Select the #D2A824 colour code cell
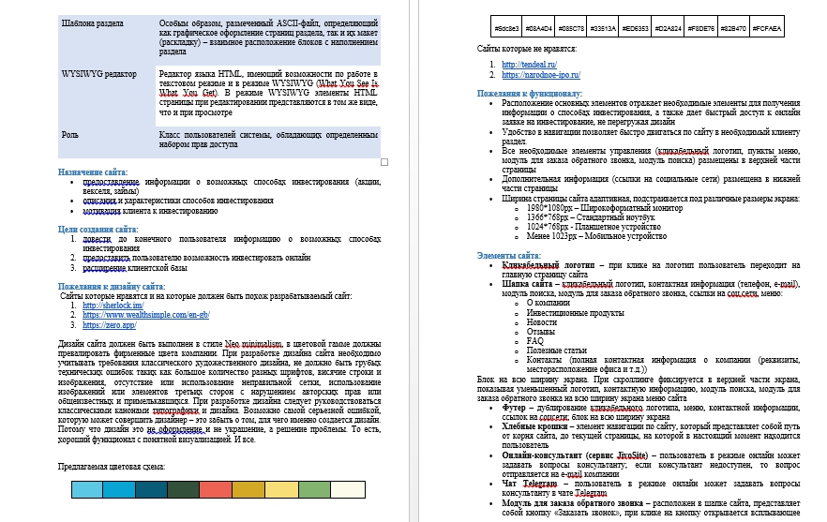coord(668,29)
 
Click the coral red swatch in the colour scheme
coord(215,488)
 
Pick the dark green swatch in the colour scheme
coord(183,488)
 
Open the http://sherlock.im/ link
coord(113,306)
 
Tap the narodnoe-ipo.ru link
coord(541,74)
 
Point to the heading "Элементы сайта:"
coord(508,255)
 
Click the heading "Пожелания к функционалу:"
coord(529,94)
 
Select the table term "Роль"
coord(70,134)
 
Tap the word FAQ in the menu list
coord(534,340)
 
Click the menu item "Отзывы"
coord(540,331)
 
